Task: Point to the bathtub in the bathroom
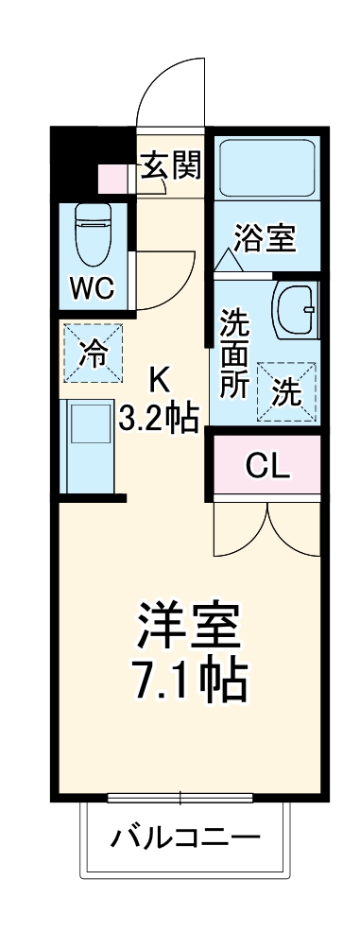click(x=266, y=168)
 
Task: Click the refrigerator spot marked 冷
click(x=93, y=353)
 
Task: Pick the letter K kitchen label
click(x=158, y=380)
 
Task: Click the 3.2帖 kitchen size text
click(x=158, y=418)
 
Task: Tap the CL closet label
click(x=268, y=465)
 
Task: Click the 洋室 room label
click(x=190, y=624)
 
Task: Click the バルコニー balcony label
click(x=183, y=838)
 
